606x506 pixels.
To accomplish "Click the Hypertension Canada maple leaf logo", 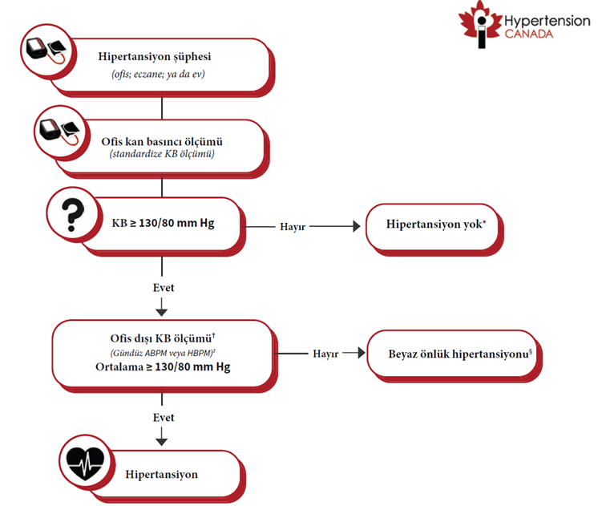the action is (480, 24).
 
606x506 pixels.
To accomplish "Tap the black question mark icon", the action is (73, 215).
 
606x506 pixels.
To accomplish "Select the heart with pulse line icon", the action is (85, 463).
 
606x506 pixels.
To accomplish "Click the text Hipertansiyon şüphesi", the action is (155, 56).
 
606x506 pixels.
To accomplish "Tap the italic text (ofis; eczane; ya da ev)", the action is (158, 74).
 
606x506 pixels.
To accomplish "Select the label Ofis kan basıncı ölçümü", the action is (162, 141).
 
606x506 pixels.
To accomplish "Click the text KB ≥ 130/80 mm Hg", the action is (163, 223).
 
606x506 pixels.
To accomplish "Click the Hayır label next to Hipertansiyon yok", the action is (293, 227).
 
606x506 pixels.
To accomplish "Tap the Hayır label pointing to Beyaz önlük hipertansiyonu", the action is (325, 354).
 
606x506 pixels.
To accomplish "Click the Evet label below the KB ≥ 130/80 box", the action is (164, 288).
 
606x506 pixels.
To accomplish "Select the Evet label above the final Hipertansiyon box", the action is (164, 418).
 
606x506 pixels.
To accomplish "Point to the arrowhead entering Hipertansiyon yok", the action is (357, 226).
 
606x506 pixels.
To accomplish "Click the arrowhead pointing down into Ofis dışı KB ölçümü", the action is (162, 312).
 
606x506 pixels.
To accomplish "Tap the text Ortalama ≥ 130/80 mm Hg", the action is (163, 366).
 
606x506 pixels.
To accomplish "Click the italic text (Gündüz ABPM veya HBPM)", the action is (162, 353).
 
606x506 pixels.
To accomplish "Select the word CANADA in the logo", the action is (529, 34).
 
